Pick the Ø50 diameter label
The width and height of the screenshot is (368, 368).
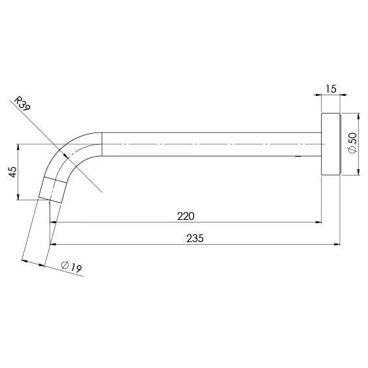pos(352,143)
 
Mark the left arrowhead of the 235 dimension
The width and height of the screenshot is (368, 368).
pos(54,245)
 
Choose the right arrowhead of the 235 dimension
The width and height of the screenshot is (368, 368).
pos(337,245)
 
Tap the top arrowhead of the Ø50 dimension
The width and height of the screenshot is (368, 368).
pos(358,115)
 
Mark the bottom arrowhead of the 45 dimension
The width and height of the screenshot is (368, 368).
pos(18,198)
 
